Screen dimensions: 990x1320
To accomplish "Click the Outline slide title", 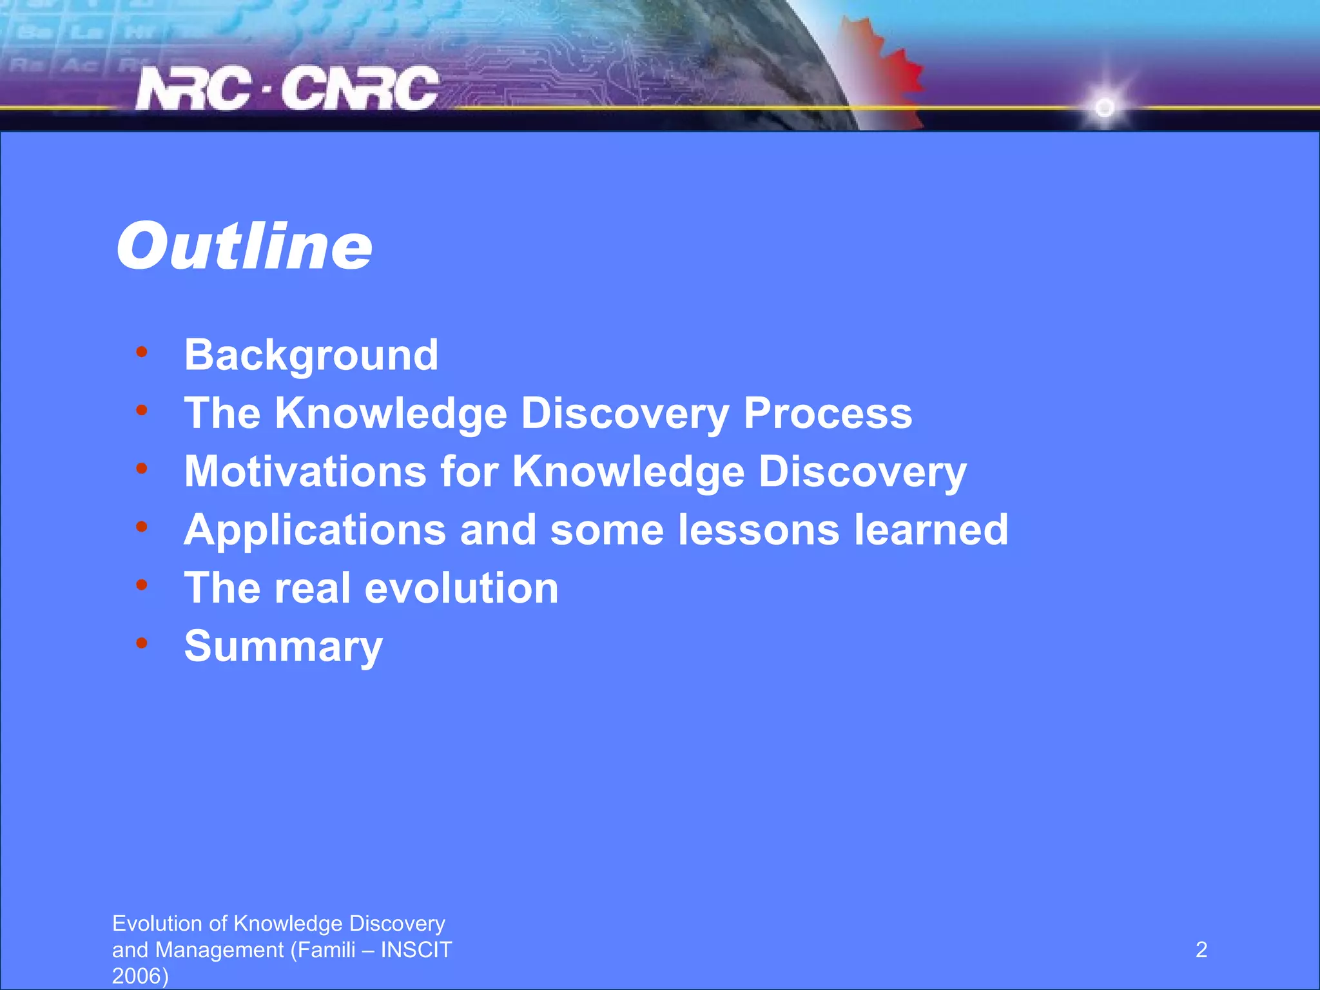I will tap(244, 247).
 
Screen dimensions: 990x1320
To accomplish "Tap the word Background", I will tap(311, 355).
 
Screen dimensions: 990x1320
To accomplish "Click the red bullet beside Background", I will tap(142, 352).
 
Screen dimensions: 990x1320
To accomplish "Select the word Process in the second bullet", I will tap(828, 413).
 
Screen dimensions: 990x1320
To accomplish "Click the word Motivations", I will tap(306, 471).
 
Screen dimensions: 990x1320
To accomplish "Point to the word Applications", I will tap(315, 530).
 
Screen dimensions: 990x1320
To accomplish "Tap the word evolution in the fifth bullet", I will tap(461, 588).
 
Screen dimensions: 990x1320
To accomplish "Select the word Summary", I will tap(284, 646).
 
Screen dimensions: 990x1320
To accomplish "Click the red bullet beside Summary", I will tap(142, 643).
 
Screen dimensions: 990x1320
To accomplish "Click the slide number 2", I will tap(1201, 950).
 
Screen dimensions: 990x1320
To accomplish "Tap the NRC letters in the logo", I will tap(193, 89).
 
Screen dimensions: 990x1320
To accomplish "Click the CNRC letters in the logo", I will tap(360, 89).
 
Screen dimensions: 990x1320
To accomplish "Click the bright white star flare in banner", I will tap(1105, 107).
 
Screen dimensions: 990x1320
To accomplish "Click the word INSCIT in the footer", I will tap(416, 950).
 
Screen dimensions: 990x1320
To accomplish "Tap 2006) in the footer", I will tap(140, 976).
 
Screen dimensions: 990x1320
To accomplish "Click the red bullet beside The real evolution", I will tap(142, 585).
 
